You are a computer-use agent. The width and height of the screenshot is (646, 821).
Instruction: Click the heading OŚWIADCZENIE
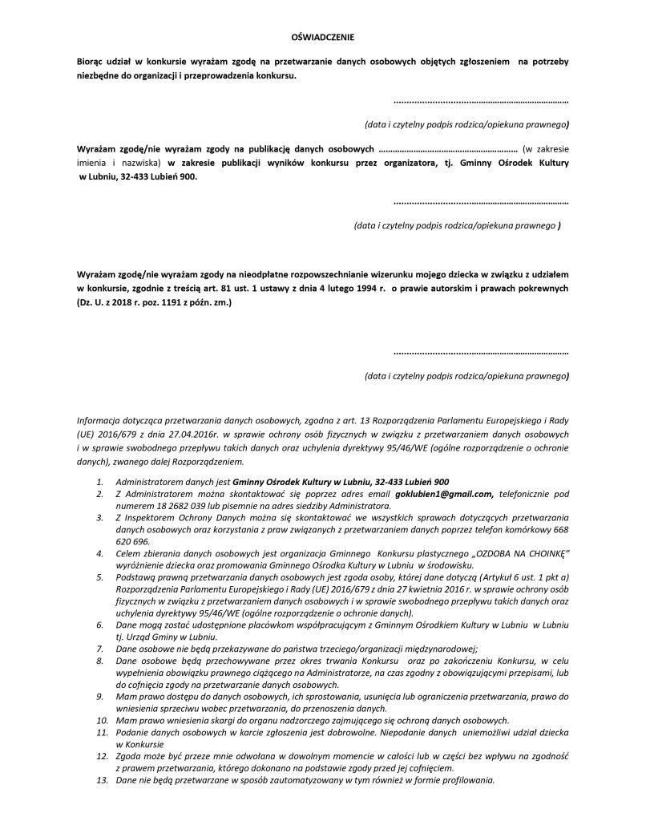click(x=321, y=37)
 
